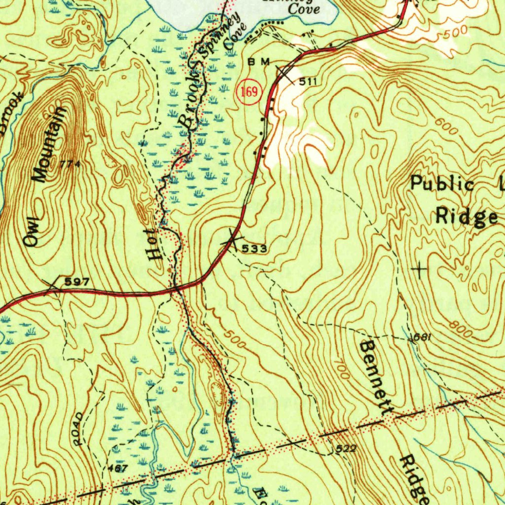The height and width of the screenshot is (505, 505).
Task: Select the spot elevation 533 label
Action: pyautogui.click(x=255, y=249)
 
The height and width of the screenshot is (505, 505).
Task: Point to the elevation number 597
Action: pyautogui.click(x=77, y=282)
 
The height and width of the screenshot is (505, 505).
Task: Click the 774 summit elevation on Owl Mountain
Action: pyautogui.click(x=71, y=164)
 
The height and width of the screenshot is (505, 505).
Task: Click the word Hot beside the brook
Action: pyautogui.click(x=154, y=245)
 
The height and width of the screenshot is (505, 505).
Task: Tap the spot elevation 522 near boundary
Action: pyautogui.click(x=346, y=449)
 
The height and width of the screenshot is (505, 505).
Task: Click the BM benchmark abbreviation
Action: pyautogui.click(x=259, y=62)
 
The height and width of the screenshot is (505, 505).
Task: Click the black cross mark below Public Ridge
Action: pyautogui.click(x=420, y=269)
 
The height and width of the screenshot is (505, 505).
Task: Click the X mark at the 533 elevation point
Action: pyautogui.click(x=231, y=239)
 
